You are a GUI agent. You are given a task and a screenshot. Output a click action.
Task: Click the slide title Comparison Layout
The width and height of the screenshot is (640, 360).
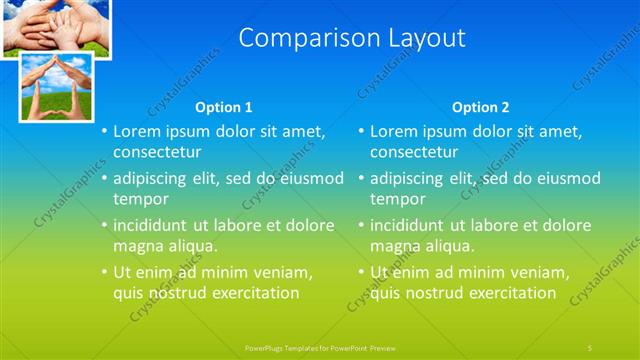coord(353,39)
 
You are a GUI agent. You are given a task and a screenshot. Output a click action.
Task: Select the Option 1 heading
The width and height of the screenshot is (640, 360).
coord(224,107)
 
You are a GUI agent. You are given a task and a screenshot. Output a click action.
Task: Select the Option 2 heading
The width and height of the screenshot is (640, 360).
coord(480,107)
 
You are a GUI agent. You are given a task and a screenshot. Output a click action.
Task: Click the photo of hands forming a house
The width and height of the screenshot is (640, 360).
coord(57,86)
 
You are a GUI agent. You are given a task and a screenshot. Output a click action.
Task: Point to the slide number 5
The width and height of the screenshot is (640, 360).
coord(591,345)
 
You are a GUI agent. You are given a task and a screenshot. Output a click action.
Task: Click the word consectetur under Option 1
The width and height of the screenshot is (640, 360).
coord(157,152)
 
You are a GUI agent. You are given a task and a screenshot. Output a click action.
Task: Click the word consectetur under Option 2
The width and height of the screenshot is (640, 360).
coord(414,152)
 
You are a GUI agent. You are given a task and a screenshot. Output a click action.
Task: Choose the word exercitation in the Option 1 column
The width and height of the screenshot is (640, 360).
coord(253,293)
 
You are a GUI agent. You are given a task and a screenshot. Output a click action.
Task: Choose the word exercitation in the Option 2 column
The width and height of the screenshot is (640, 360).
coord(510,293)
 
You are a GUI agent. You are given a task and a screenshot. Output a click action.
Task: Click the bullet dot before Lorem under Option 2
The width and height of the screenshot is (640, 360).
coord(361,132)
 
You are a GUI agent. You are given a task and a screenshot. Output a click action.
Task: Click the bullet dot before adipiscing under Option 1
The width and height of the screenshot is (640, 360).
coord(104,179)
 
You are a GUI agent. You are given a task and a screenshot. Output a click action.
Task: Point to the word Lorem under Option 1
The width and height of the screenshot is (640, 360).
coord(136,131)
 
